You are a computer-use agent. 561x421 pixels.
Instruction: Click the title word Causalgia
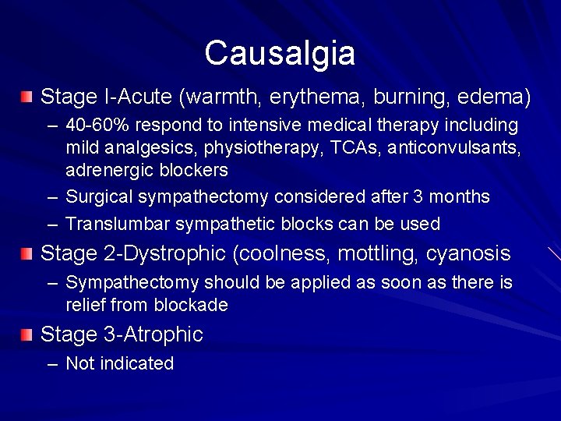point(280,53)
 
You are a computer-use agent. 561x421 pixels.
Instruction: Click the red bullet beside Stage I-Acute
point(28,97)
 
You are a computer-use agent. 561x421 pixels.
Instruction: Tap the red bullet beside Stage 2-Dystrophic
point(28,253)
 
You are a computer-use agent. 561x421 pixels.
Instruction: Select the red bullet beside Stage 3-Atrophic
point(28,334)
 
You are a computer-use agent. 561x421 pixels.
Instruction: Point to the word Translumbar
point(118,225)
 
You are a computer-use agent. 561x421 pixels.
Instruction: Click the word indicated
point(136,363)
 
